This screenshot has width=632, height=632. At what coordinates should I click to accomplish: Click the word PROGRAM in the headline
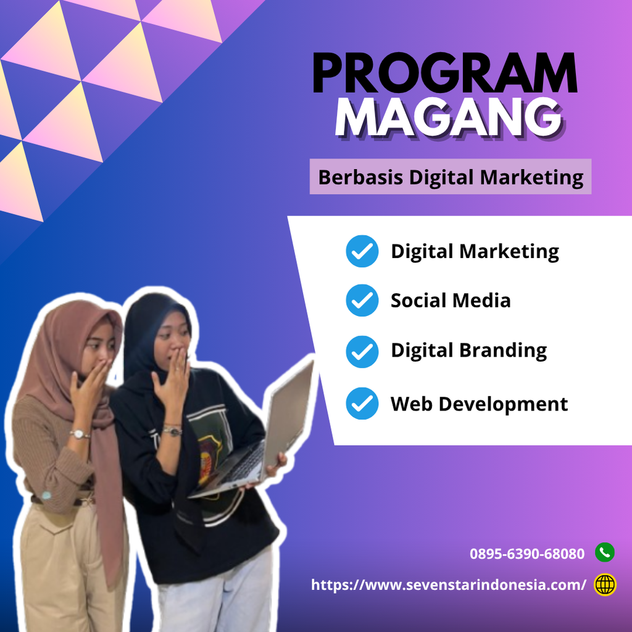pyautogui.click(x=445, y=73)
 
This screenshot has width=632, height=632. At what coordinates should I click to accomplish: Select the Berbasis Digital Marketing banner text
pyautogui.click(x=451, y=177)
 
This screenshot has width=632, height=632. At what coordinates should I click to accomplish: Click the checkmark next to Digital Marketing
pyautogui.click(x=362, y=251)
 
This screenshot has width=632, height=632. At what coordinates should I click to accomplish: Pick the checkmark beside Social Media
pyautogui.click(x=362, y=301)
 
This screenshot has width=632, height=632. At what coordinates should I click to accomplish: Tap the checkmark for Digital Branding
pyautogui.click(x=362, y=351)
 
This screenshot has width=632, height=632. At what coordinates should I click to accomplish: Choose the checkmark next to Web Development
pyautogui.click(x=362, y=403)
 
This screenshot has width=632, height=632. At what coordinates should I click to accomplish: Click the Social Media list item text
pyautogui.click(x=451, y=301)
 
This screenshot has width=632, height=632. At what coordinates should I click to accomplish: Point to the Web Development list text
pyautogui.click(x=479, y=404)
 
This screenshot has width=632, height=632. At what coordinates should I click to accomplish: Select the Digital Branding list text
pyautogui.click(x=469, y=351)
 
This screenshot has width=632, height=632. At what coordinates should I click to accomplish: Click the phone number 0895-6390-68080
pyautogui.click(x=527, y=554)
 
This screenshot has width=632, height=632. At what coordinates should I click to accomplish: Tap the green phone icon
pyautogui.click(x=605, y=552)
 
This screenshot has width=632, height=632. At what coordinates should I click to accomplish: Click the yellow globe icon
pyautogui.click(x=605, y=584)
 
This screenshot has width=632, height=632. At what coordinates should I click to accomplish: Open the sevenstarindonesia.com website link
pyautogui.click(x=449, y=585)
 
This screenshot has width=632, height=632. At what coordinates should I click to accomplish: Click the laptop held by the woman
pyautogui.click(x=258, y=439)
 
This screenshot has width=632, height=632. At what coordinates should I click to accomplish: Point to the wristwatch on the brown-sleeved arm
pyautogui.click(x=80, y=434)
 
